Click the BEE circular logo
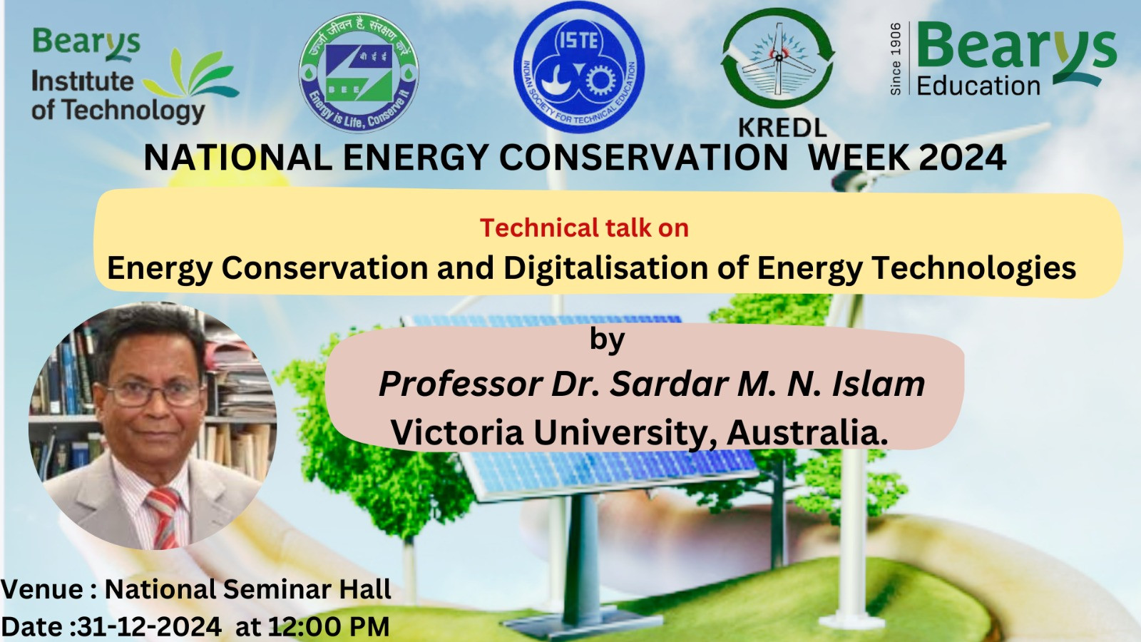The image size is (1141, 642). [x=359, y=73]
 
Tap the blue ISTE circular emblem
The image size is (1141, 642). [x=579, y=67]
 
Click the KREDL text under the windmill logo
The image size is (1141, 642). [x=782, y=128]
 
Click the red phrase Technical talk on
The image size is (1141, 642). [x=584, y=228]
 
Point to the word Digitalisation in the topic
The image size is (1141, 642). [x=605, y=267]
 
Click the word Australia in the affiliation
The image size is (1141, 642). [x=807, y=433]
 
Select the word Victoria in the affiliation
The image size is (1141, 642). [x=457, y=433]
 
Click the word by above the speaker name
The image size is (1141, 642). [x=607, y=340]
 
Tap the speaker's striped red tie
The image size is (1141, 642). [x=163, y=516]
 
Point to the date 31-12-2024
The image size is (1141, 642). [x=149, y=627]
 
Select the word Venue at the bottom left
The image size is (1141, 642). [x=42, y=589]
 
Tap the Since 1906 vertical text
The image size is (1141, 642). [x=896, y=58]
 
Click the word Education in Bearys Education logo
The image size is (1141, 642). [x=978, y=86]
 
